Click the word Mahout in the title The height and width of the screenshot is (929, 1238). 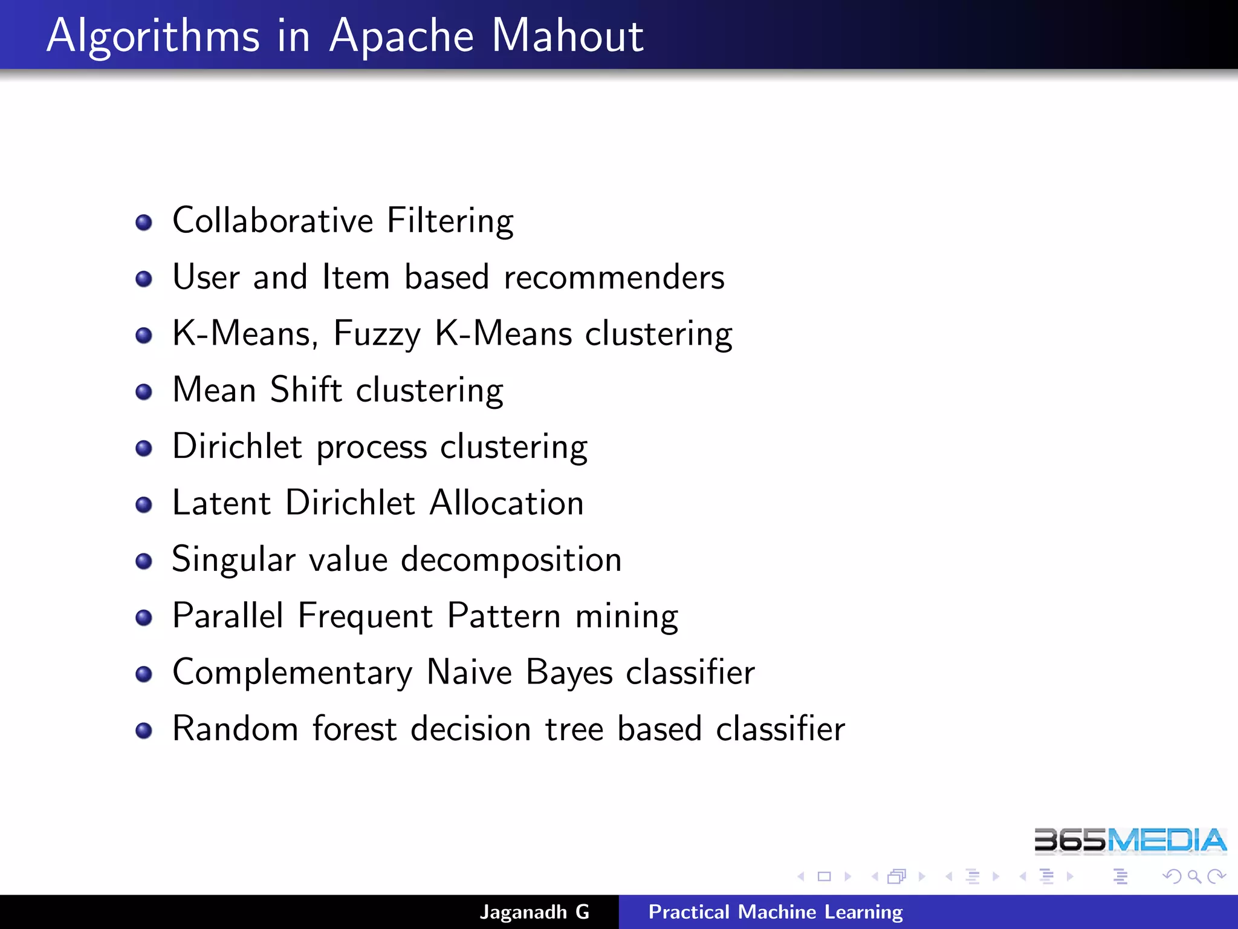pos(567,36)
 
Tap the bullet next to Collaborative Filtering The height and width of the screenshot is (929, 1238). pos(144,223)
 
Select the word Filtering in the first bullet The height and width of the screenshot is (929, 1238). pos(450,221)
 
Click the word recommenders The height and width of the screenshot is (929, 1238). pos(614,278)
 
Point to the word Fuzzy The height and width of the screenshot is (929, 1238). pos(377,334)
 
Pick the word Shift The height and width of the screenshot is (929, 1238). pos(306,390)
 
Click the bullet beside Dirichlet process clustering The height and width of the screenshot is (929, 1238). pos(144,448)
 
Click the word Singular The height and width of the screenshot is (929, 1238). pos(233,560)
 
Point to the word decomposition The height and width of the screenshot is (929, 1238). pos(511,560)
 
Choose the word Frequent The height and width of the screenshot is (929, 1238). pos(365,616)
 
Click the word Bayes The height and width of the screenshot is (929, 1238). pos(569,673)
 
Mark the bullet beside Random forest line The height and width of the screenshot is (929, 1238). pos(144,731)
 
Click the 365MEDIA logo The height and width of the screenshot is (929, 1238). pos(1130,841)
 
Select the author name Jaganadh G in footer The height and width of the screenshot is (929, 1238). pos(534,912)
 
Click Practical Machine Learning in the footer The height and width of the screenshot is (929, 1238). pos(776,912)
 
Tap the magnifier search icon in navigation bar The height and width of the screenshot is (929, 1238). pos(1194,876)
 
